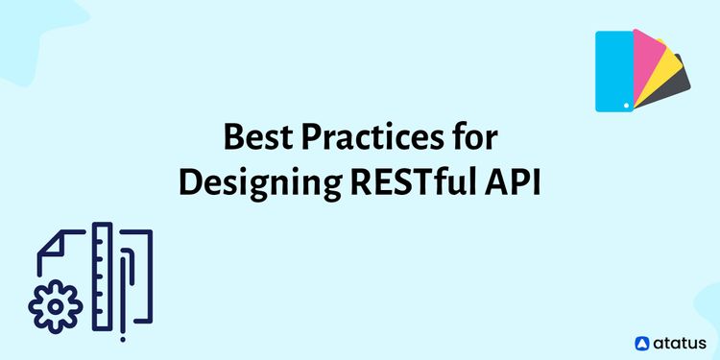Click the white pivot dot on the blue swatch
coord(625,103)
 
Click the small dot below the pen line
coord(123,338)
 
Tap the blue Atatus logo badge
coord(643,342)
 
